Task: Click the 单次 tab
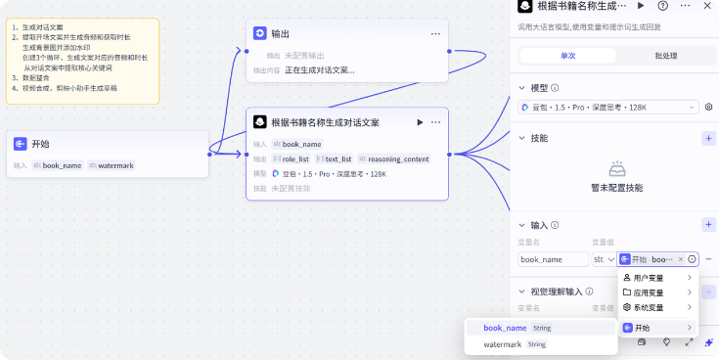pos(567,56)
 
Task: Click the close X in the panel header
pos(705,6)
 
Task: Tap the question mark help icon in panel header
pos(662,6)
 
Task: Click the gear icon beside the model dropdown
pos(709,107)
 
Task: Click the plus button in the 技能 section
pos(708,138)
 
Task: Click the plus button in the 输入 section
pos(708,225)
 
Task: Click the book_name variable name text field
pos(553,259)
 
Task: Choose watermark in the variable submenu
pos(504,344)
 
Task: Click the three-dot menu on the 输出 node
pos(435,34)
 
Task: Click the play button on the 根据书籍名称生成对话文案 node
pos(420,122)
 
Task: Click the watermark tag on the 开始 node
pos(114,165)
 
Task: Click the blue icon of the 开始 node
pos(20,143)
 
